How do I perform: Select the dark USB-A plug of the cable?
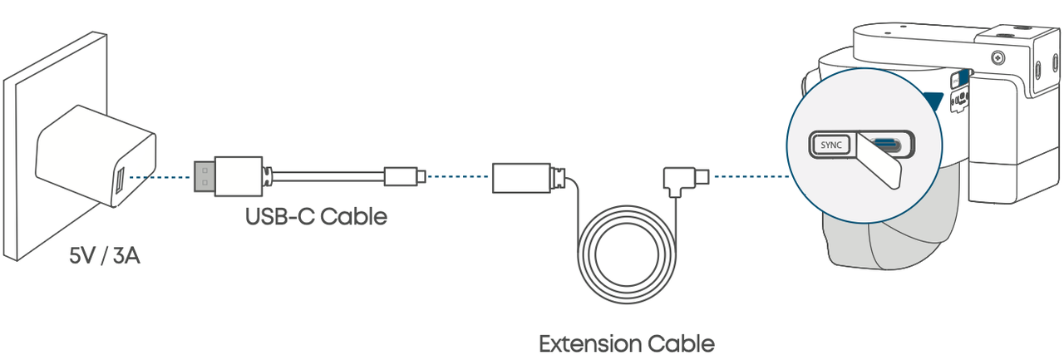[202, 176]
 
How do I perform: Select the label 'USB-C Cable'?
[316, 218]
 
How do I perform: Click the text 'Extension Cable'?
[626, 343]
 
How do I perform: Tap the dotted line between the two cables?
[458, 176]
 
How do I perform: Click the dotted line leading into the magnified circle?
[748, 176]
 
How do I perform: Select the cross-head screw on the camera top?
[997, 58]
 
